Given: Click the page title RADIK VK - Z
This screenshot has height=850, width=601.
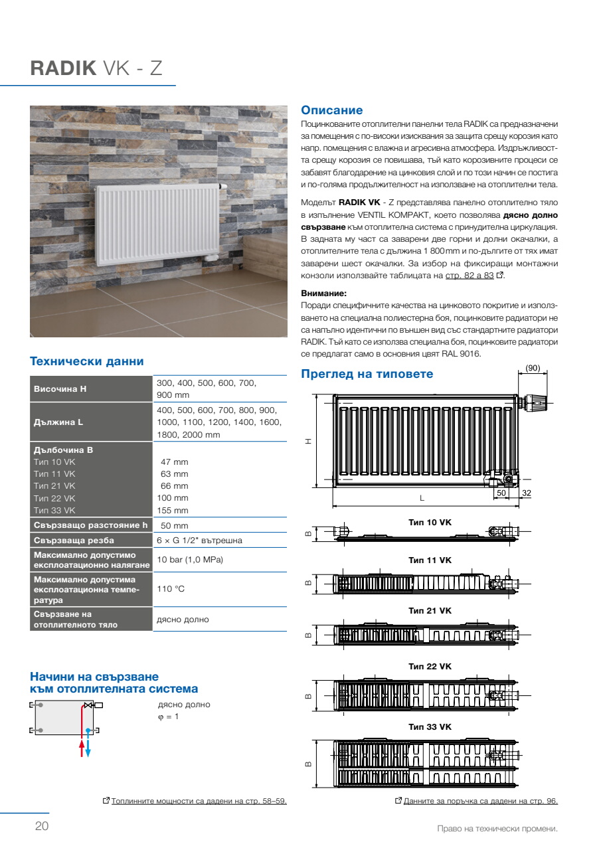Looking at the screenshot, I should click(96, 69).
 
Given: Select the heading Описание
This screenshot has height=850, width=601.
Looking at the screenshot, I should click(332, 110).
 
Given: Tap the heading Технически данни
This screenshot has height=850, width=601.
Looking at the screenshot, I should click(86, 361).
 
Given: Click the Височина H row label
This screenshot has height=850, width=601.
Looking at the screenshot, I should click(60, 388).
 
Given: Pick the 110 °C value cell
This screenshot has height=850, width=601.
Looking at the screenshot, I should click(171, 589).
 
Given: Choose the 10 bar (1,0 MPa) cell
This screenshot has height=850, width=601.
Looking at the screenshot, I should click(189, 560).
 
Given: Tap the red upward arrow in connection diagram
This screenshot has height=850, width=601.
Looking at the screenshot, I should click(82, 748).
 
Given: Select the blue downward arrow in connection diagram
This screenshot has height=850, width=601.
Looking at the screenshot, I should click(88, 748).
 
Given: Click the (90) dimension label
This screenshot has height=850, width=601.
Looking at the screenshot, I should click(533, 367).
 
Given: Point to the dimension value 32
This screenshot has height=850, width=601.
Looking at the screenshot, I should click(526, 493).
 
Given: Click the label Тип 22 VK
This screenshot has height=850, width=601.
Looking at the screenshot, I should click(430, 666).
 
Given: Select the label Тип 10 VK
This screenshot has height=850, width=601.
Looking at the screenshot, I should click(430, 523).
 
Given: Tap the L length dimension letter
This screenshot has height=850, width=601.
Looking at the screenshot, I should click(422, 497).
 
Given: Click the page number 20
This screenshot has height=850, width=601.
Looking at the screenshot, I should click(41, 827).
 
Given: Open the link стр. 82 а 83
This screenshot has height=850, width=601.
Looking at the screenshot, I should click(469, 276).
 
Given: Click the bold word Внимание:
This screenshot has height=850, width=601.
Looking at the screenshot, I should click(324, 293).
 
